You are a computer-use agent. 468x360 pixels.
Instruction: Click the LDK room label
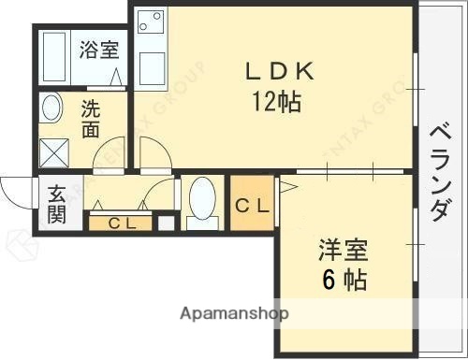[273, 72]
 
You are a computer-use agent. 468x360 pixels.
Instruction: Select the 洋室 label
[342, 251]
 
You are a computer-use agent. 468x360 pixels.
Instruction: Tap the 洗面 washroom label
[90, 119]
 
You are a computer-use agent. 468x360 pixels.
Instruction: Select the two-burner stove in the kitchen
[149, 22]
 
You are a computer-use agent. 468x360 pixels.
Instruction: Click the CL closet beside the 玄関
[119, 223]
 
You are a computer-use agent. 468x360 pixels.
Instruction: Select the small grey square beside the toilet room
[166, 223]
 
